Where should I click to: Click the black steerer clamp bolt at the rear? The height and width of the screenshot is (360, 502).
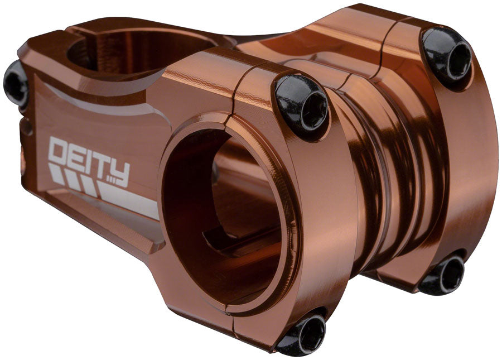pos(15,84)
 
